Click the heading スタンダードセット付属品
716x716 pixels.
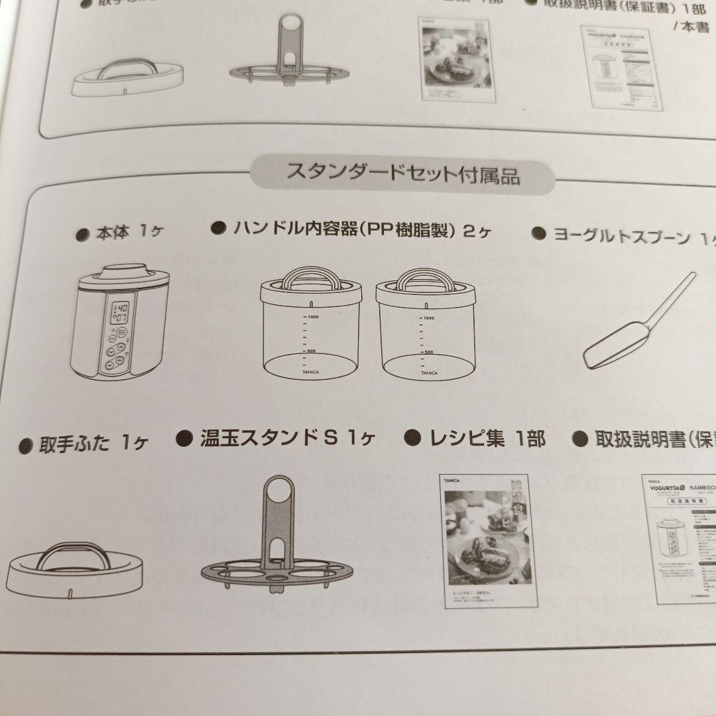pos(402,174)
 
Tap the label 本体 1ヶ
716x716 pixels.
pos(129,233)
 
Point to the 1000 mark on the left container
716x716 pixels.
pos(312,318)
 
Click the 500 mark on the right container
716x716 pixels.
pos(429,352)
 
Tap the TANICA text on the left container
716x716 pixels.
pos(310,372)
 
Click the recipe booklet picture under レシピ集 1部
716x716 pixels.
pos(488,540)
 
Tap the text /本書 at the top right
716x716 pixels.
pos(691,27)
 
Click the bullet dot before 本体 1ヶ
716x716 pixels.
pos(83,234)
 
